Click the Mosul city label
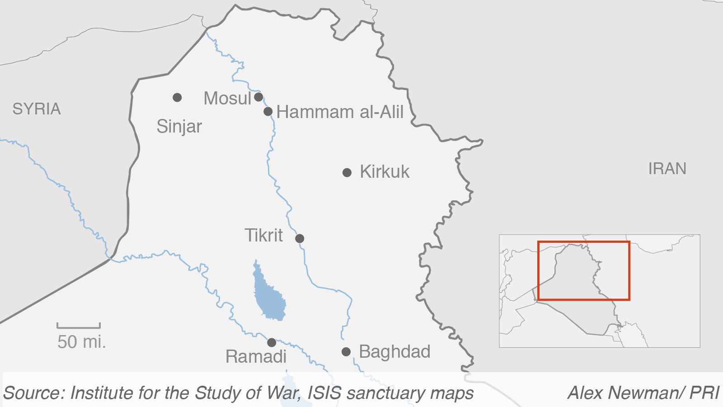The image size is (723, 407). pos(227,98)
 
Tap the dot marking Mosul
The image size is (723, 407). pos(258,97)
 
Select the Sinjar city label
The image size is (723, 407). pos(179,127)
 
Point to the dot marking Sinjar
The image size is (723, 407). pos(177,97)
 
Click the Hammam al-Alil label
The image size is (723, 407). pos(340,112)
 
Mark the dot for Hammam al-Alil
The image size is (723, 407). pos(268,111)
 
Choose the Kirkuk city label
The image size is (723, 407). pos(385,172)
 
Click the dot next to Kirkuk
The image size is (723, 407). pos(347,172)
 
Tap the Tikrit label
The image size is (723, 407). pos(264,236)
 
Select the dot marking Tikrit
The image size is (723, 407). pos(300,238)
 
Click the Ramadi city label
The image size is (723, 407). pos(256,357)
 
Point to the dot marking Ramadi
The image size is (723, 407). pos(272,342)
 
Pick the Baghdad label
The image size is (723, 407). pos(394,352)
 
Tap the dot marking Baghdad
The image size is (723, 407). pos(346,352)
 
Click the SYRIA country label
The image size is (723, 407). pos(36,109)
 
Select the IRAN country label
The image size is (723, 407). pos(667,169)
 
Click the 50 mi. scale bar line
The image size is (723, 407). pos(79,327)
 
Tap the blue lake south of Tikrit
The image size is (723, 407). pos(269,296)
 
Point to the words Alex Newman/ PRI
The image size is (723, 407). pos(643,393)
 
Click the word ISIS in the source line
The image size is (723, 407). pos(324,393)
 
